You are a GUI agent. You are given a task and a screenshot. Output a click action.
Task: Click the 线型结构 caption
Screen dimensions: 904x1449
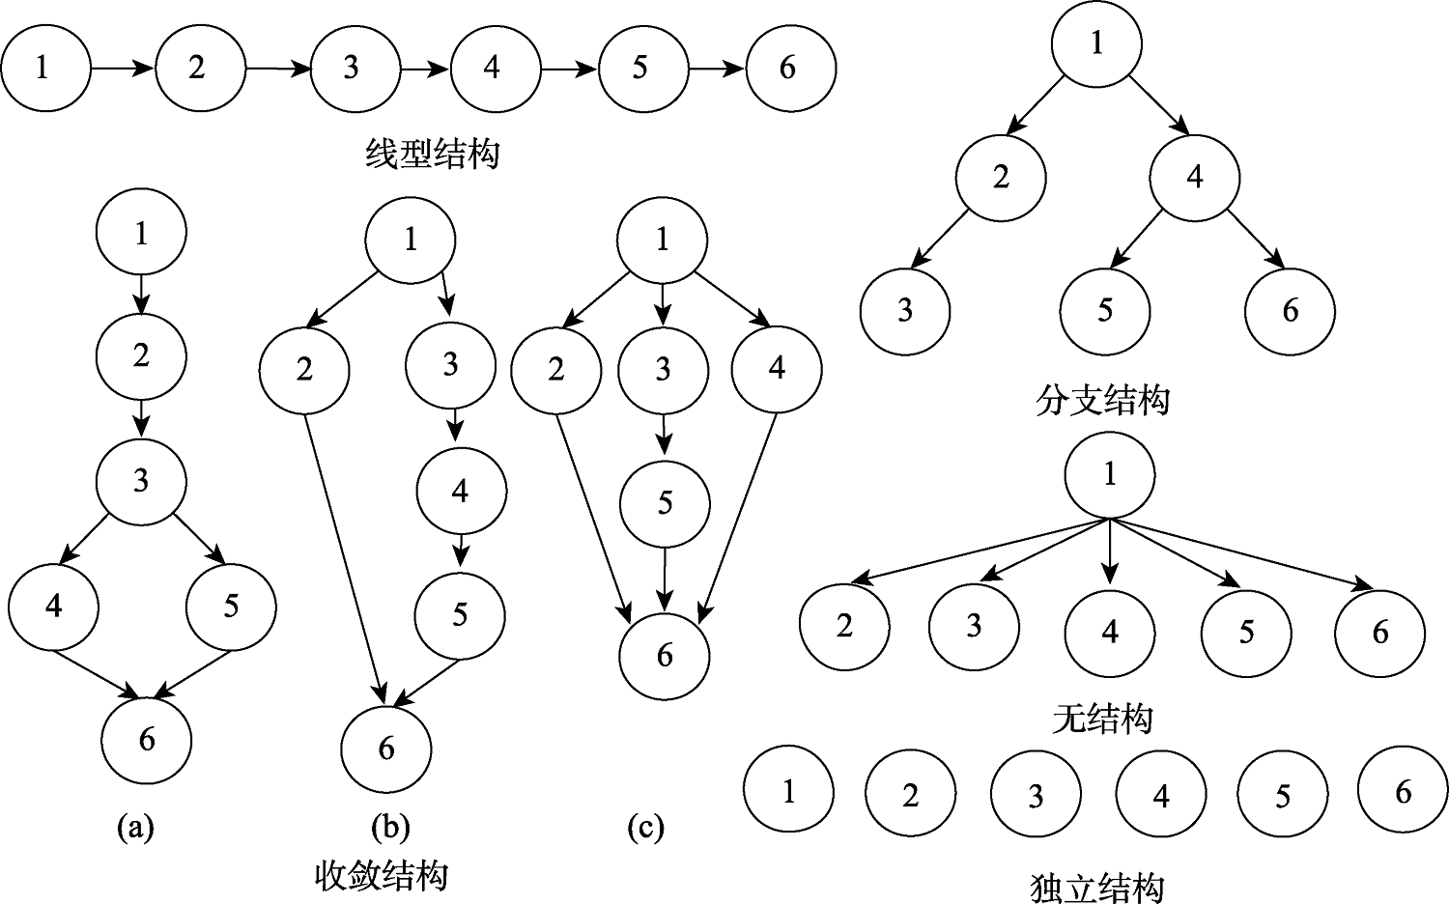click(x=433, y=154)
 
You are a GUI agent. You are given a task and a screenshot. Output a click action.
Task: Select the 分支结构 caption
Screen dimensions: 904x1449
click(x=1101, y=400)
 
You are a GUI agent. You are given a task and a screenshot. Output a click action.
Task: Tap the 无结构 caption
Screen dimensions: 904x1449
click(x=1102, y=720)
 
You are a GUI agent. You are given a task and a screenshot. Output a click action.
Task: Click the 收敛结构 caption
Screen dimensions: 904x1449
click(x=382, y=875)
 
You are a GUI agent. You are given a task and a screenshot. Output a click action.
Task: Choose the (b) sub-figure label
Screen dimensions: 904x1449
click(x=390, y=827)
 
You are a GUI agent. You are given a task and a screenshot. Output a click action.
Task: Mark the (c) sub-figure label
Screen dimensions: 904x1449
click(x=645, y=827)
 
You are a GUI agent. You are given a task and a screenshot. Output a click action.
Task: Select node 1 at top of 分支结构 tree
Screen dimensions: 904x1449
click(x=1096, y=43)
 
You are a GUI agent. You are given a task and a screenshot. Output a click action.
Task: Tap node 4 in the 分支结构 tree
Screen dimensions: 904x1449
click(x=1195, y=178)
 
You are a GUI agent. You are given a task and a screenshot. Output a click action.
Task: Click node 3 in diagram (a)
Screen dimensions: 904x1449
click(x=141, y=480)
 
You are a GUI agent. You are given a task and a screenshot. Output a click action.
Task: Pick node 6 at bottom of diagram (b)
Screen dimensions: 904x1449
click(x=386, y=749)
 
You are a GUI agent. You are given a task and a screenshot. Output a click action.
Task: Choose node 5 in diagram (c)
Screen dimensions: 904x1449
click(x=665, y=503)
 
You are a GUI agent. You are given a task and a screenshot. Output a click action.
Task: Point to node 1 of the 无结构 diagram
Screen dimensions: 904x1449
click(x=1109, y=474)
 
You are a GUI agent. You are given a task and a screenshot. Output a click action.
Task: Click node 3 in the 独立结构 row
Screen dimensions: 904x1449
click(x=1035, y=796)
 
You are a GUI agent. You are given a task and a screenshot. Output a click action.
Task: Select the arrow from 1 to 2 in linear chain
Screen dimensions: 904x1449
click(x=123, y=69)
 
